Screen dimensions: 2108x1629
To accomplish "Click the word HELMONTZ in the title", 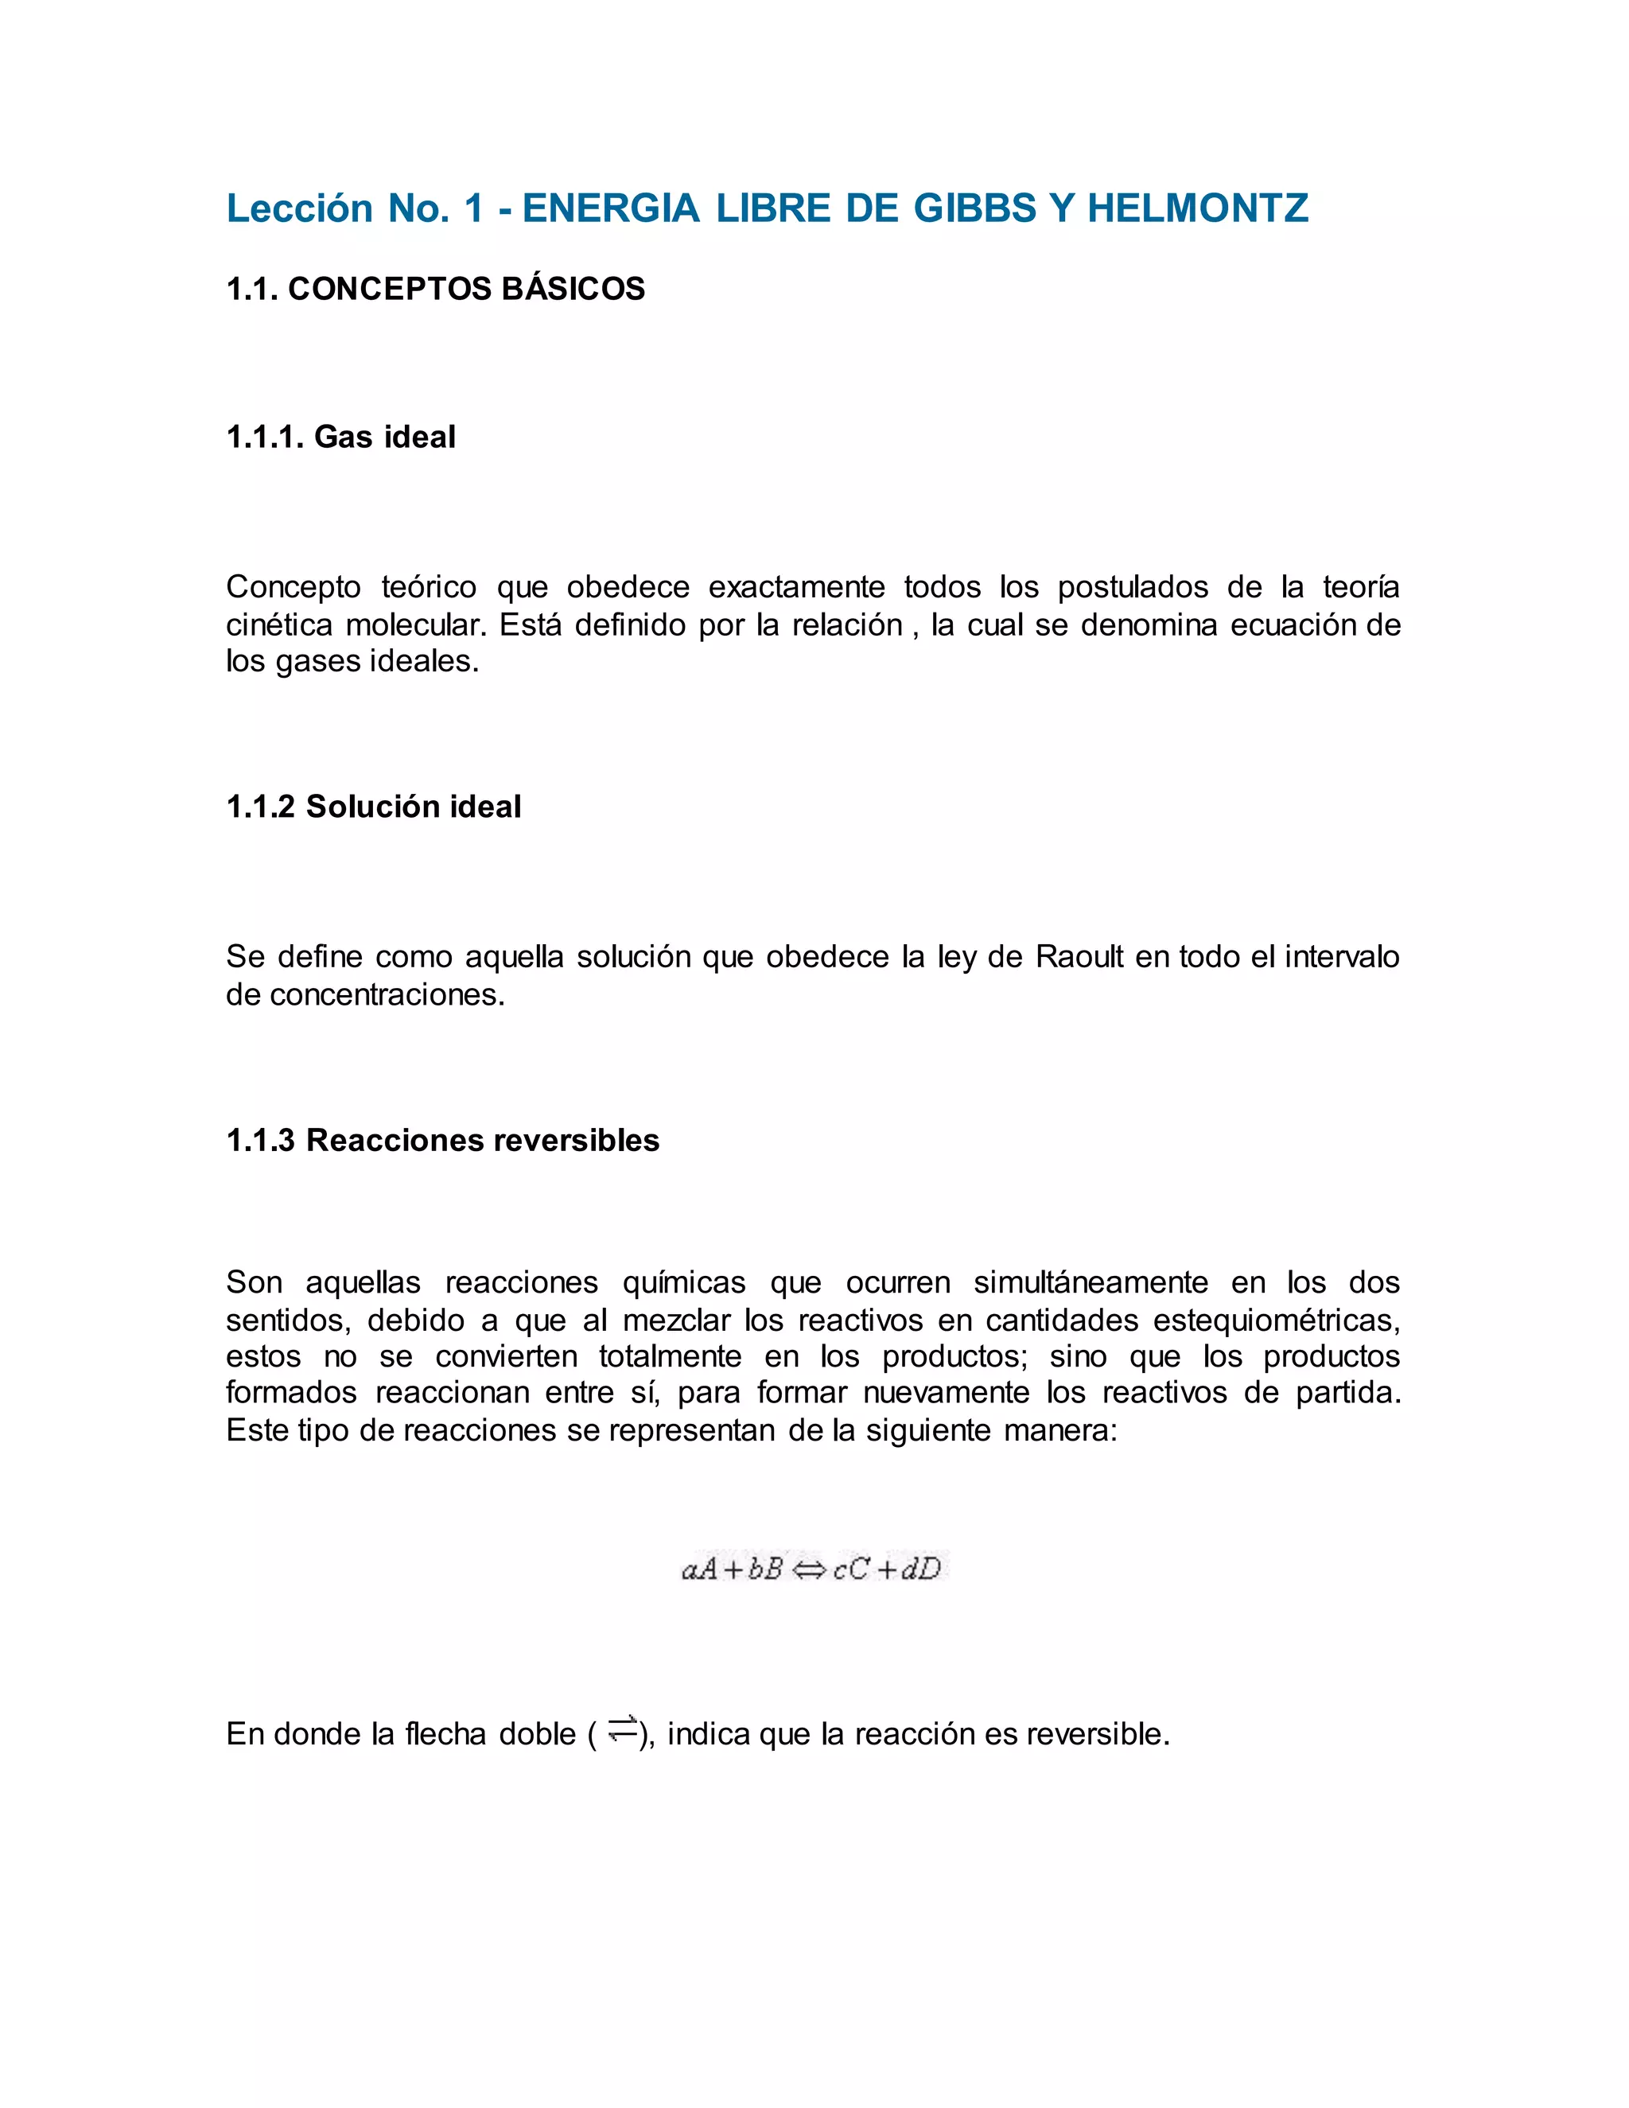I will point(1198,208).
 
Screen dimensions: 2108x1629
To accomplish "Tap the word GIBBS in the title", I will point(974,208).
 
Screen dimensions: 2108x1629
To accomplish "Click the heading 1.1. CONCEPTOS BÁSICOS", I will point(435,289).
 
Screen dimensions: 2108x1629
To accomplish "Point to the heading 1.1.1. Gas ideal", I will point(340,438).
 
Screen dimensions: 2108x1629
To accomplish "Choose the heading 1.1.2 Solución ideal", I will point(374,807).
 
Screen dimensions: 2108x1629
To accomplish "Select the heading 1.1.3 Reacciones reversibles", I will point(443,1141).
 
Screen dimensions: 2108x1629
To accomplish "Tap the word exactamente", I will point(796,587).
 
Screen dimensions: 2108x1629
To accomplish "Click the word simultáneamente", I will point(1091,1283).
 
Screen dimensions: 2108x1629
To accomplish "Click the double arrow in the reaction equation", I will point(809,1570).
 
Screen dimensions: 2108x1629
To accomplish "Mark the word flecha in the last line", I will point(445,1734).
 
